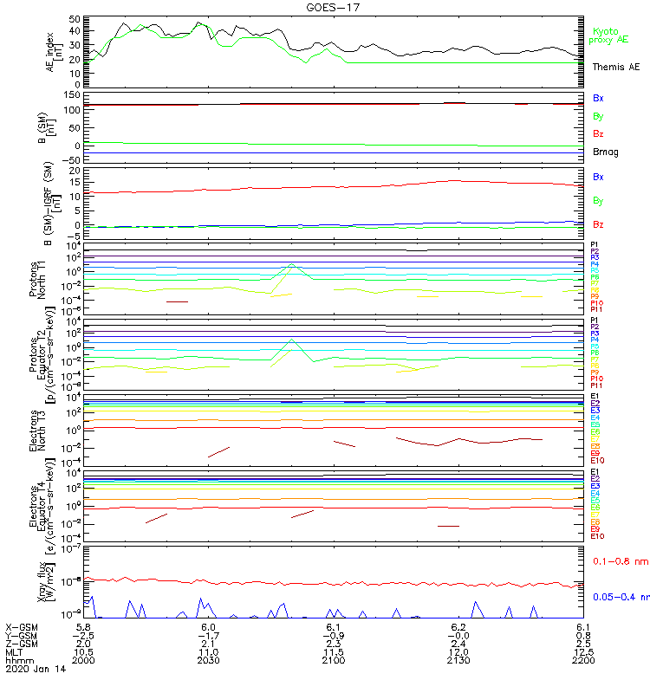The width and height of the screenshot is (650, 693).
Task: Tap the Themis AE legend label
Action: (x=615, y=67)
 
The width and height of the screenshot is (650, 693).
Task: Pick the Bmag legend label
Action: (x=603, y=152)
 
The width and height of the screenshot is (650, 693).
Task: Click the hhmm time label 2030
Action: (x=208, y=660)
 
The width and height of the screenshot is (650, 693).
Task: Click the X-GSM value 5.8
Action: (x=84, y=625)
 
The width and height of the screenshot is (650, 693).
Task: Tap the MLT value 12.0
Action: (x=459, y=651)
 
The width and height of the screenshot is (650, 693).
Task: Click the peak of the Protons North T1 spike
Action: (x=292, y=263)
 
